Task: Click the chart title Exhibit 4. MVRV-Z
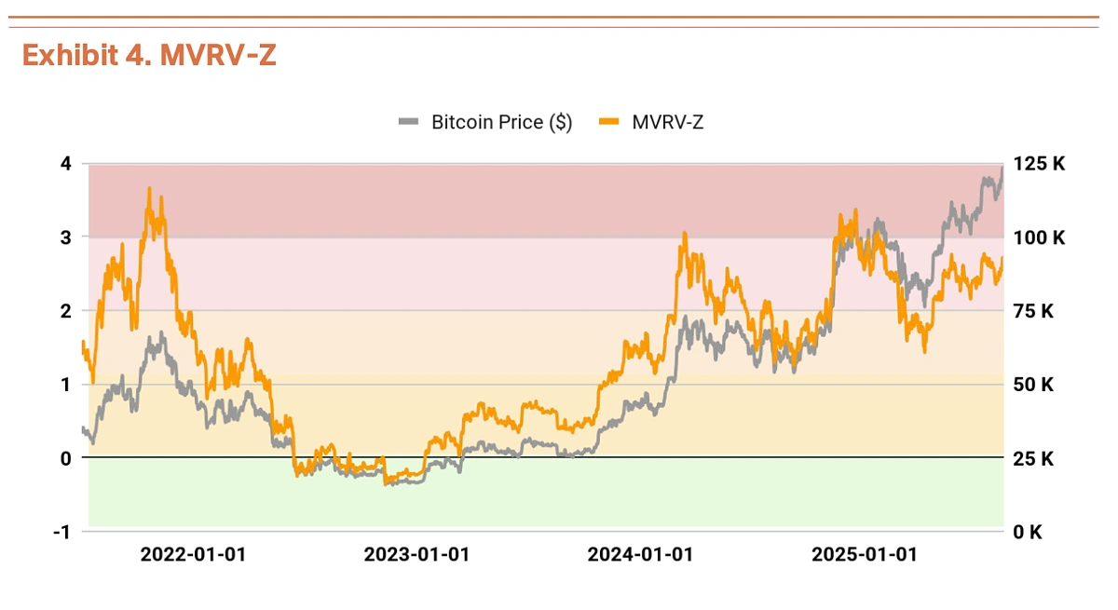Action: click(149, 56)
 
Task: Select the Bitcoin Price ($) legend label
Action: click(501, 122)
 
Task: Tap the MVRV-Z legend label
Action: click(667, 122)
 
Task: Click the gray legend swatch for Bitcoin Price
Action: click(409, 122)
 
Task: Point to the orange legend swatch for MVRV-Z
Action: click(608, 122)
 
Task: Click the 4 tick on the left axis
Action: click(65, 164)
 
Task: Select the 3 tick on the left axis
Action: click(65, 237)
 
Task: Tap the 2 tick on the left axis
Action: click(65, 311)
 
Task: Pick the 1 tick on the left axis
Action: click(65, 385)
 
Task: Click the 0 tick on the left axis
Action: click(65, 458)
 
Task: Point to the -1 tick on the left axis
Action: click(62, 532)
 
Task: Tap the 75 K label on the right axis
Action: click(1033, 311)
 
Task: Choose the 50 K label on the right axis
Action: click(1033, 385)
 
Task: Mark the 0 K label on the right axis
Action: click(1029, 532)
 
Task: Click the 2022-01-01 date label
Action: click(193, 555)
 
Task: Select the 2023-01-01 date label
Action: click(416, 555)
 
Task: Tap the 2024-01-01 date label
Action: click(640, 555)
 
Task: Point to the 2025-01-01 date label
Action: click(865, 555)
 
